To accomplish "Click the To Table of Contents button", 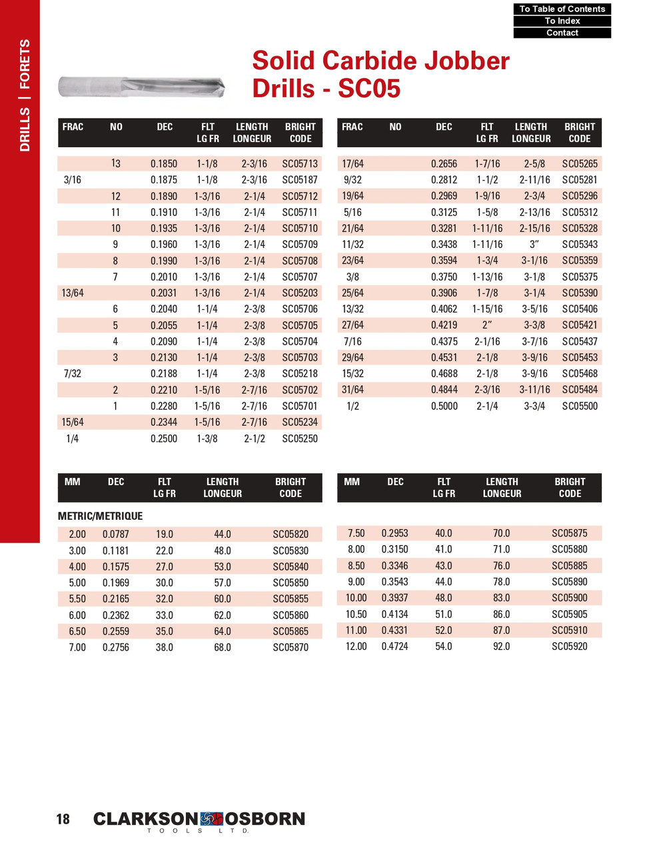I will pyautogui.click(x=562, y=9).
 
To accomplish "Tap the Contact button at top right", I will pyautogui.click(x=562, y=33).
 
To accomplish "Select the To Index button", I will pyautogui.click(x=562, y=21).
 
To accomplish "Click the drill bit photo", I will pyautogui.click(x=141, y=87).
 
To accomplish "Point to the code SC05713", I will pyautogui.click(x=300, y=164).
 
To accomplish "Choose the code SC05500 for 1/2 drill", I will pyautogui.click(x=579, y=406).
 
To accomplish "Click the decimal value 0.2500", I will pyautogui.click(x=164, y=438).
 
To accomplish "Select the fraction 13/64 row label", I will pyautogui.click(x=73, y=293).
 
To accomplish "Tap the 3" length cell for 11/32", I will pyautogui.click(x=534, y=245).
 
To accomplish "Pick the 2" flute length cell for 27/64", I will pyautogui.click(x=487, y=325).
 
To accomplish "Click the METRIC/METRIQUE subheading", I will pyautogui.click(x=100, y=516).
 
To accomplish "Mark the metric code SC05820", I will pyautogui.click(x=291, y=534).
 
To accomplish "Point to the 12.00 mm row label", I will pyautogui.click(x=356, y=646).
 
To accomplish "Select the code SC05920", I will pyautogui.click(x=570, y=646).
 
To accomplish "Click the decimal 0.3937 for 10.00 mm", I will pyautogui.click(x=394, y=598).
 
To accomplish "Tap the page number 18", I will pyautogui.click(x=63, y=819).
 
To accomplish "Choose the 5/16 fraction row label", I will pyautogui.click(x=352, y=213).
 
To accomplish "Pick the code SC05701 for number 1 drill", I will pyautogui.click(x=300, y=406).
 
